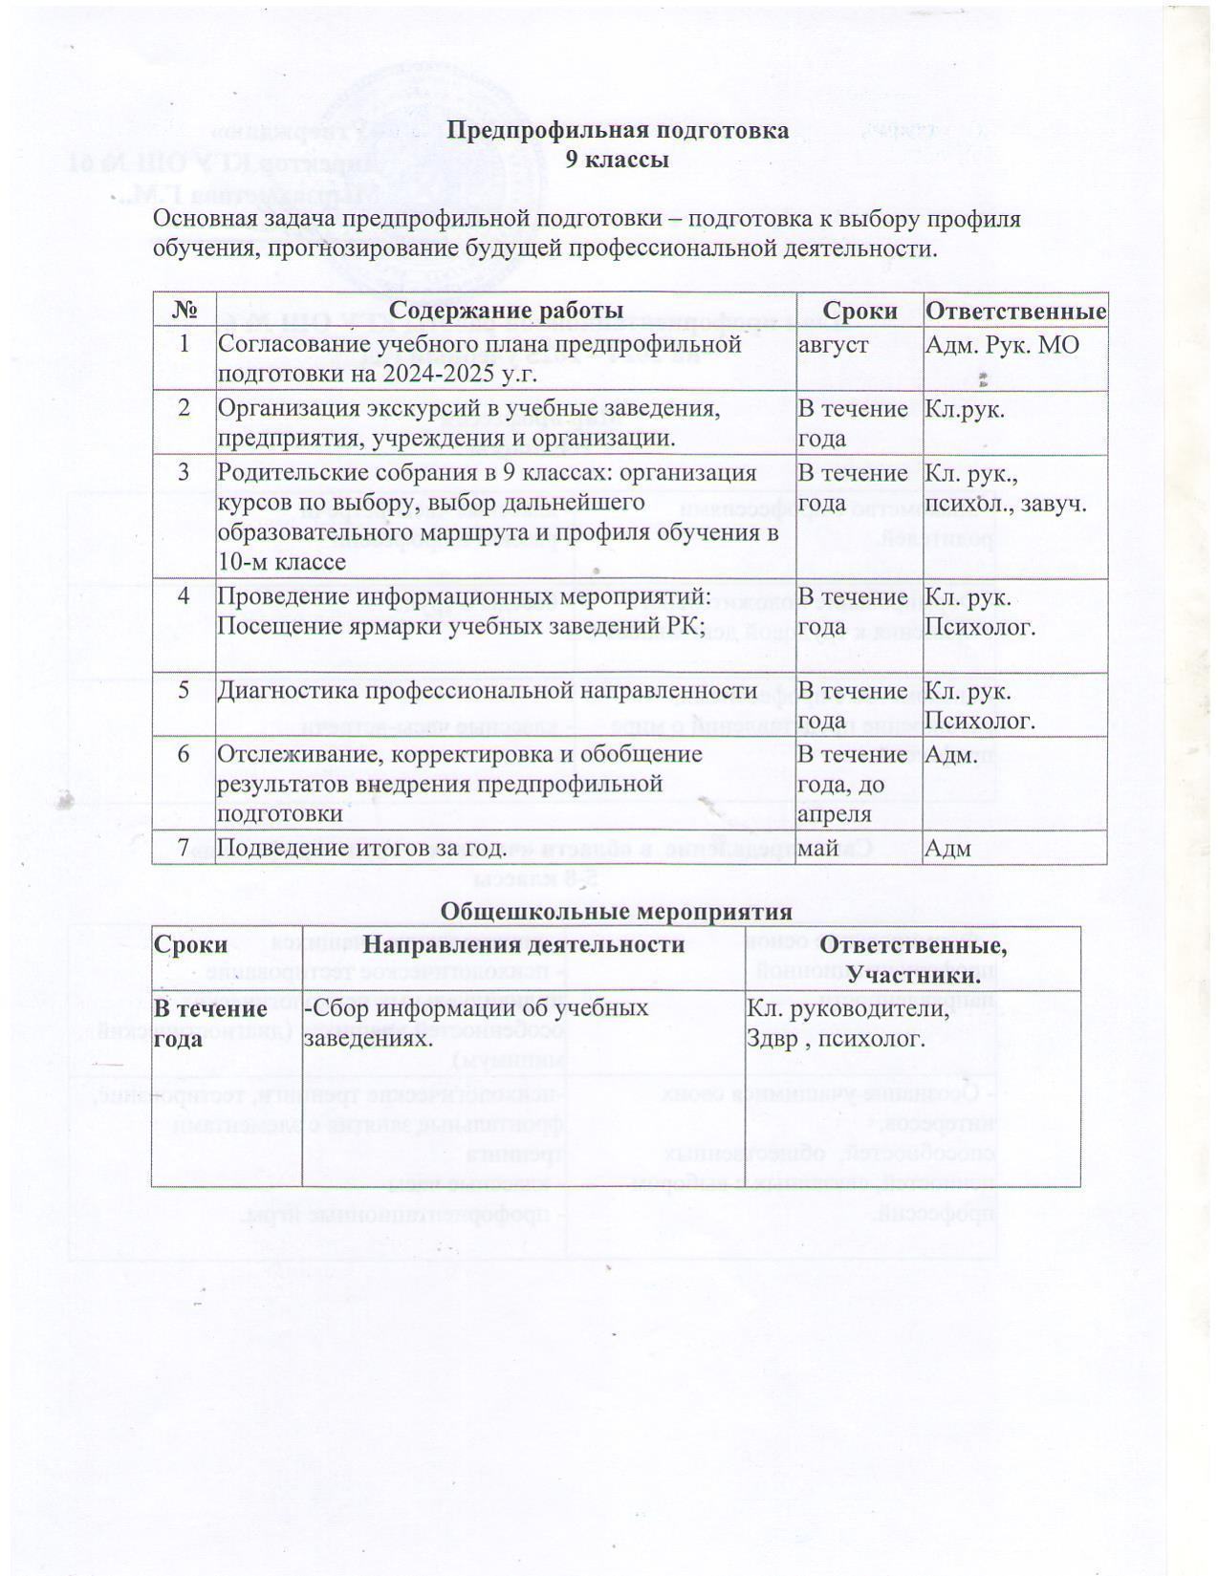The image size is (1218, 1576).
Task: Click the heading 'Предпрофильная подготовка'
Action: (618, 130)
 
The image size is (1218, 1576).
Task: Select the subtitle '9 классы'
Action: (617, 160)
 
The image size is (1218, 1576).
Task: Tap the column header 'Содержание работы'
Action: (507, 311)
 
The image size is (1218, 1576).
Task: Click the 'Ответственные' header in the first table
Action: (1015, 311)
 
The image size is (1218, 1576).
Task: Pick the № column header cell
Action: (184, 311)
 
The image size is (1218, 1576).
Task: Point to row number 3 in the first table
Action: (184, 472)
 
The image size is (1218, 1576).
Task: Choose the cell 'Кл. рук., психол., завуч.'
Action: (1005, 488)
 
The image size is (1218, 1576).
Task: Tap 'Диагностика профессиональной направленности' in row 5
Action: (488, 690)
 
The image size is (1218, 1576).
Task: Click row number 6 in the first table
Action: (184, 754)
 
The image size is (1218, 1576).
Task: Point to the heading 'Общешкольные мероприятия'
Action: (616, 912)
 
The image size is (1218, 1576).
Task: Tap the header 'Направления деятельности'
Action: (523, 944)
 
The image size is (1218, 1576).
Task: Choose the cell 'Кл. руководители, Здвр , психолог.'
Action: (847, 1023)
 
